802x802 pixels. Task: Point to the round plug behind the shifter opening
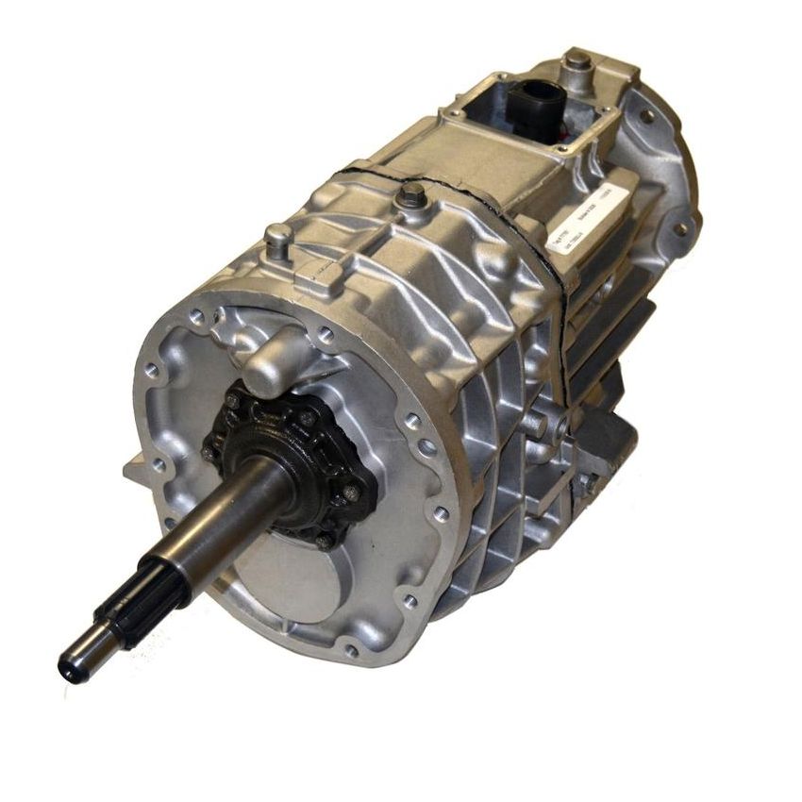pos(577,63)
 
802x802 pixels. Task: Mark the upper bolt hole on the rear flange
pos(647,117)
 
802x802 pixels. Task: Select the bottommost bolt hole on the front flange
pos(352,649)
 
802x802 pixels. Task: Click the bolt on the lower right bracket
pos(585,481)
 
